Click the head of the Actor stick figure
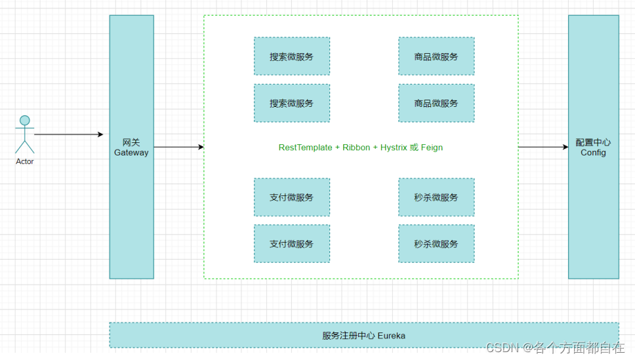[x=25, y=121]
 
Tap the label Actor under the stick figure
[x=25, y=161]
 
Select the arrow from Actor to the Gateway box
[x=68, y=134]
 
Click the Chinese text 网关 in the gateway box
[x=131, y=142]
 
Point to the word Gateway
[x=131, y=153]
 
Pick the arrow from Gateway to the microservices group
[x=178, y=148]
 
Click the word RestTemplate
[x=305, y=148]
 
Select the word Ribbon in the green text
[x=356, y=148]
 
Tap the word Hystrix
[x=394, y=148]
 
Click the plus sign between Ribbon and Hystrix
[x=375, y=148]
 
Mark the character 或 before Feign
[x=414, y=148]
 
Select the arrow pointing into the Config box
[x=543, y=148]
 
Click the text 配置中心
[x=593, y=142]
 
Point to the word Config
[x=593, y=153]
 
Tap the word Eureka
[x=392, y=336]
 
